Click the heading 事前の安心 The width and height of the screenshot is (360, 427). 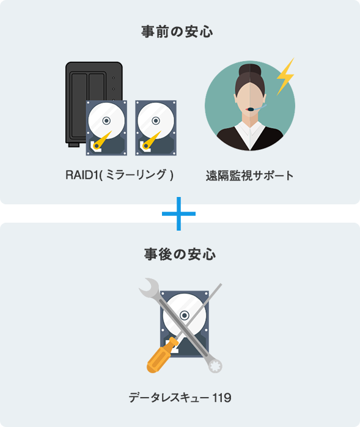pyautogui.click(x=177, y=32)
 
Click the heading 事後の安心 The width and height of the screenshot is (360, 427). pyautogui.click(x=180, y=254)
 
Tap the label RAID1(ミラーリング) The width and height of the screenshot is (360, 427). pyautogui.click(x=119, y=175)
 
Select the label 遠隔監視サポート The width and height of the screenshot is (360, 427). pyautogui.click(x=249, y=176)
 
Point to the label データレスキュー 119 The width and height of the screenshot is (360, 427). pyautogui.click(x=180, y=398)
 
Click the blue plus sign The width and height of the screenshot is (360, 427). pyautogui.click(x=178, y=213)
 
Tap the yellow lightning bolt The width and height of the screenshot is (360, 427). pyautogui.click(x=285, y=76)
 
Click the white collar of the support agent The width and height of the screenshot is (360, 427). pyautogui.click(x=250, y=134)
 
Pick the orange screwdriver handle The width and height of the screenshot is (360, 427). pyautogui.click(x=161, y=355)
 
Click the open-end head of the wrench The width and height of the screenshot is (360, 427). pyautogui.click(x=149, y=288)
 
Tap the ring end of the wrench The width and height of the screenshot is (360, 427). pyautogui.click(x=215, y=365)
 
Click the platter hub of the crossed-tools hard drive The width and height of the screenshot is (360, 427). pyautogui.click(x=185, y=315)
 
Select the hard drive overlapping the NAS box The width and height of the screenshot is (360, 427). pyautogui.click(x=106, y=128)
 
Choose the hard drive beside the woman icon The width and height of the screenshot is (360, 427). pyautogui.click(x=156, y=128)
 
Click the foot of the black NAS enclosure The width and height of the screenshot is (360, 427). pyautogui.click(x=74, y=145)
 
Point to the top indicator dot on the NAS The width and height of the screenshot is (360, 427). pyautogui.click(x=114, y=78)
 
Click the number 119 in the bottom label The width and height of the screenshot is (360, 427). pyautogui.click(x=221, y=398)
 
